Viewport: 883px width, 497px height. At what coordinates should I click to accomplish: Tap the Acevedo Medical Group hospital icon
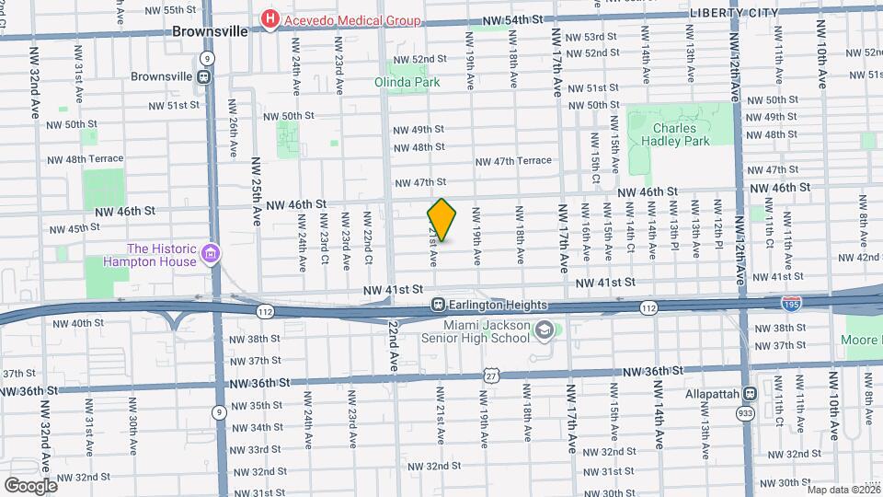270,19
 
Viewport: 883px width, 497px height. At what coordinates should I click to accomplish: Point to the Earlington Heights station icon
440,305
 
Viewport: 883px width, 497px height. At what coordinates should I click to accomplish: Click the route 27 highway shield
492,375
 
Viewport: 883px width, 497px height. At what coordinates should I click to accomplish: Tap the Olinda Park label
407,81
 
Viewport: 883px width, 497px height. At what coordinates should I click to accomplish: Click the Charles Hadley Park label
681,134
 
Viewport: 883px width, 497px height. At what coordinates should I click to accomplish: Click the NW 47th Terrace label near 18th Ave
513,161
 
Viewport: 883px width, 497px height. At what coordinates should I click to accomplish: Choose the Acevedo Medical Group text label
352,20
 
